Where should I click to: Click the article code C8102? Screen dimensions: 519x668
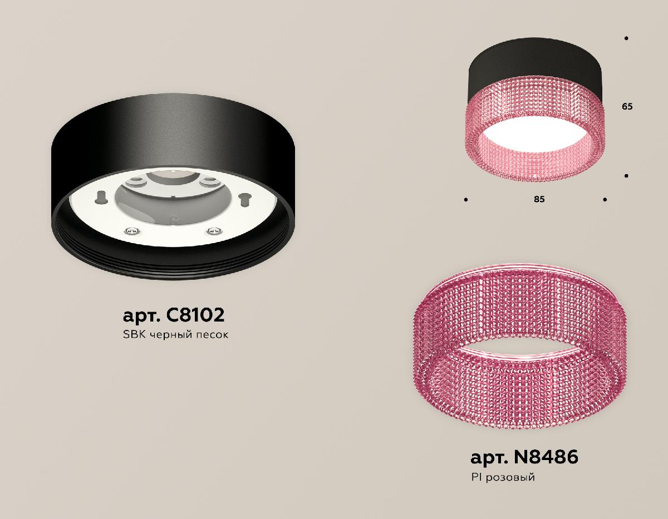(195, 315)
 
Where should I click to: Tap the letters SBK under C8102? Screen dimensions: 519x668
(132, 335)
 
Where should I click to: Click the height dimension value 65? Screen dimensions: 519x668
(627, 106)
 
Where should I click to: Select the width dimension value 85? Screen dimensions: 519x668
(538, 199)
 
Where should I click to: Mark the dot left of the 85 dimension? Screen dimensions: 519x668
(465, 199)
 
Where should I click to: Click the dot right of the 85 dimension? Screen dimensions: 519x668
(605, 199)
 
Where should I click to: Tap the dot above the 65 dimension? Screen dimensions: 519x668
(627, 38)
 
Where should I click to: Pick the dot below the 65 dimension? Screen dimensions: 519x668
(627, 176)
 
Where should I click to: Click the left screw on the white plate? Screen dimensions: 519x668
(130, 231)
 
